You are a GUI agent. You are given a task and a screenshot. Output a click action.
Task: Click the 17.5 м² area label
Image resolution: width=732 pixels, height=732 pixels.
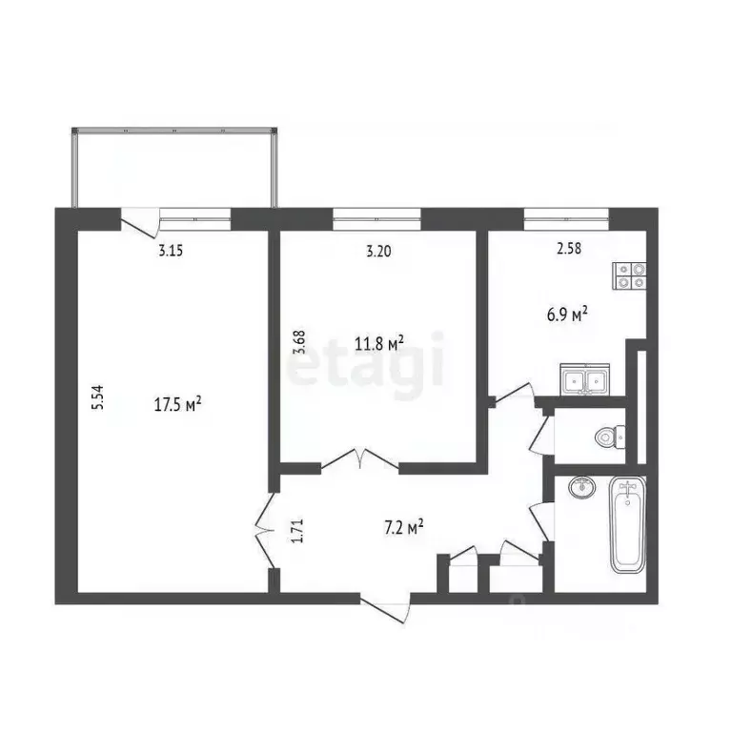click(x=177, y=404)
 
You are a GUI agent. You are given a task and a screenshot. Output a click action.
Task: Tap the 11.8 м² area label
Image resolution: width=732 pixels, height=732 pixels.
click(x=378, y=343)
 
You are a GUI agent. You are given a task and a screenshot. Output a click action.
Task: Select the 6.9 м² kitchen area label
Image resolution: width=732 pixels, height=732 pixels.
click(x=567, y=315)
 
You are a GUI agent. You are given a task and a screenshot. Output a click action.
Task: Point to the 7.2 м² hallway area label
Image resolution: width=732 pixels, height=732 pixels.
click(x=404, y=527)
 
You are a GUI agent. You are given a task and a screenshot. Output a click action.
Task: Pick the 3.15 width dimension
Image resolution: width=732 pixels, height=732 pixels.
click(x=171, y=252)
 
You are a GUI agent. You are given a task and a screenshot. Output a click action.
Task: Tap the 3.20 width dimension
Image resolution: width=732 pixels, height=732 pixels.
click(x=378, y=252)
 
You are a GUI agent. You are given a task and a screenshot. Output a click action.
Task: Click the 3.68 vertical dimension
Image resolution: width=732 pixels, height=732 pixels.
click(x=298, y=342)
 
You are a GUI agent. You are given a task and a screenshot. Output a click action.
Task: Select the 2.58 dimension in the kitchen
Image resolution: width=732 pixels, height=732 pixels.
click(x=569, y=249)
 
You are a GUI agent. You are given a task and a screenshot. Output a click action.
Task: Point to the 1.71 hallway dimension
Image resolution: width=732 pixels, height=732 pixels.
click(x=298, y=531)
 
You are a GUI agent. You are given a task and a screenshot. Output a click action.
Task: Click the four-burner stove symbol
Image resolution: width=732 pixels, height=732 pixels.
click(x=630, y=275)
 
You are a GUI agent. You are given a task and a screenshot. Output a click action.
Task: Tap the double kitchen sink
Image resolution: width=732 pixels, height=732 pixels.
click(x=585, y=379)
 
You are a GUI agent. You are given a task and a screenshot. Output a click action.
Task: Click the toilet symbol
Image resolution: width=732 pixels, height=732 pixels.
click(x=611, y=437)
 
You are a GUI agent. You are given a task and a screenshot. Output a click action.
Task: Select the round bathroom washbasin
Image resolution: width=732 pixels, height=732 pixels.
click(x=581, y=487)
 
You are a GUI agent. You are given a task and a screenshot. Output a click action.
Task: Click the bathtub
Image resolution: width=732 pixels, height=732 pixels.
click(x=628, y=524)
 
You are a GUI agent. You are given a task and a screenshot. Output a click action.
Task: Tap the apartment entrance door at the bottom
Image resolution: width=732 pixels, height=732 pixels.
click(x=385, y=608)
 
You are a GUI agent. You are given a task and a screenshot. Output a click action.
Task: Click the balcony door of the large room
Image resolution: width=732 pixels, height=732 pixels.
click(x=140, y=221)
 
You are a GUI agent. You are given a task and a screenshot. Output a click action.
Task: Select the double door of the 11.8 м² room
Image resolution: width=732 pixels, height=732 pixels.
click(x=359, y=458)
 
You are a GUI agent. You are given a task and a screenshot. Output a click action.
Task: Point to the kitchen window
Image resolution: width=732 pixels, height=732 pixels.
click(x=566, y=218)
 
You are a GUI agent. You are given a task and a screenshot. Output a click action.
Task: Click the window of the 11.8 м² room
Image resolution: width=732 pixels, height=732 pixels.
click(x=376, y=218)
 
